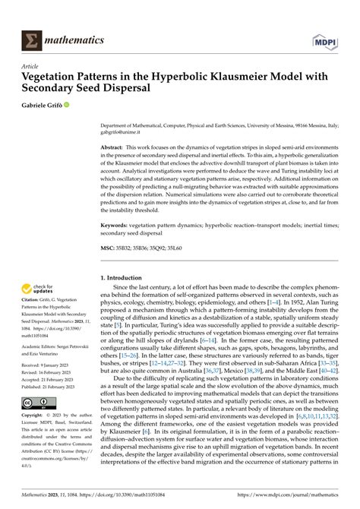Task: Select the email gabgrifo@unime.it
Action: [122, 131]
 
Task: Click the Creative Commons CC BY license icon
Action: [35, 404]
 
